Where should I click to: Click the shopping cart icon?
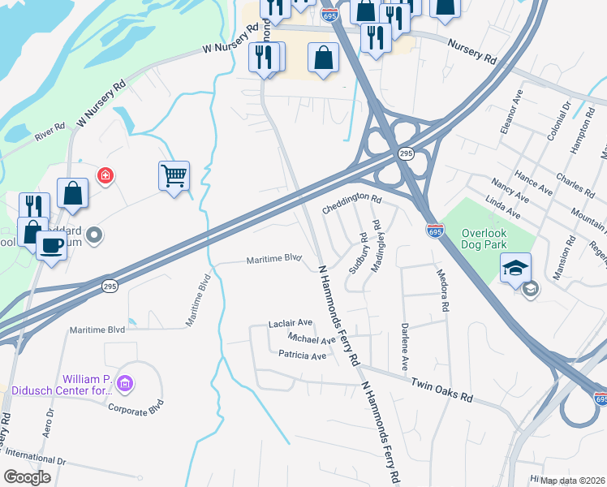(174, 175)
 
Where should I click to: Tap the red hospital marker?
(104, 175)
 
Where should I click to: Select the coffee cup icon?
(51, 244)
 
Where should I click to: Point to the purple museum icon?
(124, 382)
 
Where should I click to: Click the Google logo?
(28, 477)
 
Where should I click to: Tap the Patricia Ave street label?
(302, 356)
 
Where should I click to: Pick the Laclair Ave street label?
(290, 323)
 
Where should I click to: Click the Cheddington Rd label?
(351, 198)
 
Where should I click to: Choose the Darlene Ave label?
(404, 343)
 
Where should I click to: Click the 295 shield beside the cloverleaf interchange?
(406, 153)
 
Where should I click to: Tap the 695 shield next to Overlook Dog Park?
(435, 231)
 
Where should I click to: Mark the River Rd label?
(50, 131)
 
